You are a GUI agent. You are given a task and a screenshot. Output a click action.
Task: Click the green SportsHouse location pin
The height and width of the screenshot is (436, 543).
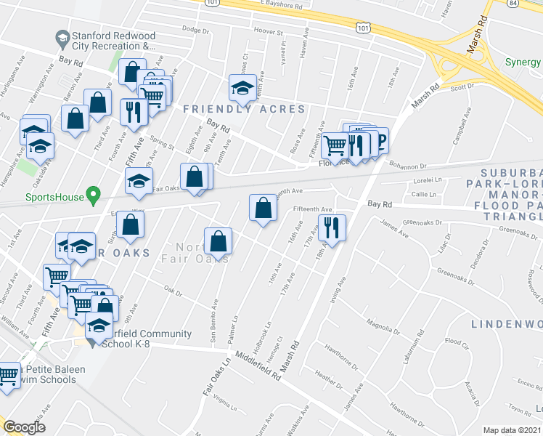point(92,195)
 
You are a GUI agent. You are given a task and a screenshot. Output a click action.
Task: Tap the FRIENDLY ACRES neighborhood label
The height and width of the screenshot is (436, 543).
point(244,109)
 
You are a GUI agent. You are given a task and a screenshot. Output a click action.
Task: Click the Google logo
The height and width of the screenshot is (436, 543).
point(25,427)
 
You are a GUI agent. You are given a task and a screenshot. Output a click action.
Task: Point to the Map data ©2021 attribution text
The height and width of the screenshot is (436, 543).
point(513,430)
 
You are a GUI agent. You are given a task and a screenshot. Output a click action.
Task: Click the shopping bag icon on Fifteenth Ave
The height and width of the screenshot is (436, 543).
point(263,208)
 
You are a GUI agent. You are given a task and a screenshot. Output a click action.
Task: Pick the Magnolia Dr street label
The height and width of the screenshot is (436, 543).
point(384,324)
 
